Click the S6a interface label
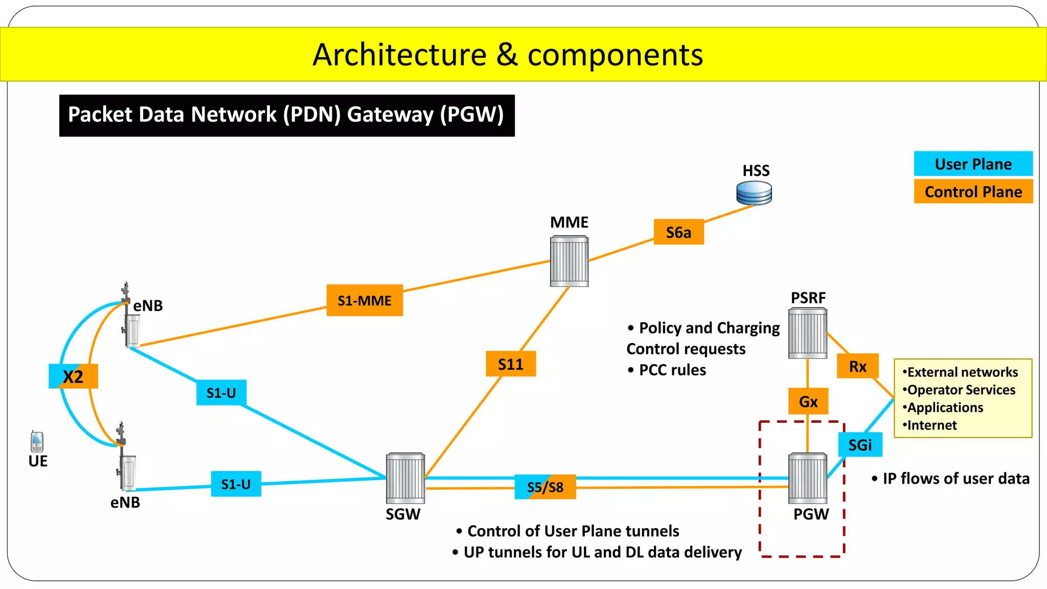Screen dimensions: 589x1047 click(678, 232)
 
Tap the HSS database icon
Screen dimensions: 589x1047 click(754, 193)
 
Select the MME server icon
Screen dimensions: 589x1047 click(569, 261)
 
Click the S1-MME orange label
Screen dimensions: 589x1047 click(365, 301)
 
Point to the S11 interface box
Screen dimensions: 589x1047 click(511, 364)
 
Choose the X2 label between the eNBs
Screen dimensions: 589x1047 click(73, 376)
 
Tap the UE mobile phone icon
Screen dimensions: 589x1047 click(37, 441)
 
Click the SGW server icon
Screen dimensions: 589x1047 click(405, 478)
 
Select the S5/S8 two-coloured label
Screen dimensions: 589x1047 click(545, 487)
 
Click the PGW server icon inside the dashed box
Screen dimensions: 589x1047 click(808, 478)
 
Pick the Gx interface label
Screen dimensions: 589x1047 click(808, 401)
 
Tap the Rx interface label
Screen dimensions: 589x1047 click(857, 366)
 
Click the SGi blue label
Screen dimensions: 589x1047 click(860, 445)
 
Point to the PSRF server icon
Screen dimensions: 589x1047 click(808, 333)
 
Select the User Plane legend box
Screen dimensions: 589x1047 click(973, 164)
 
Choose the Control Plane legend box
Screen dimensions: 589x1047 click(973, 192)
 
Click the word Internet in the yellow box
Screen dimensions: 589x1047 click(931, 425)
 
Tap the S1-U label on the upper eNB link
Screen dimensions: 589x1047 click(221, 393)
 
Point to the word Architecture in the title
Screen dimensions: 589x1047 click(399, 55)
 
